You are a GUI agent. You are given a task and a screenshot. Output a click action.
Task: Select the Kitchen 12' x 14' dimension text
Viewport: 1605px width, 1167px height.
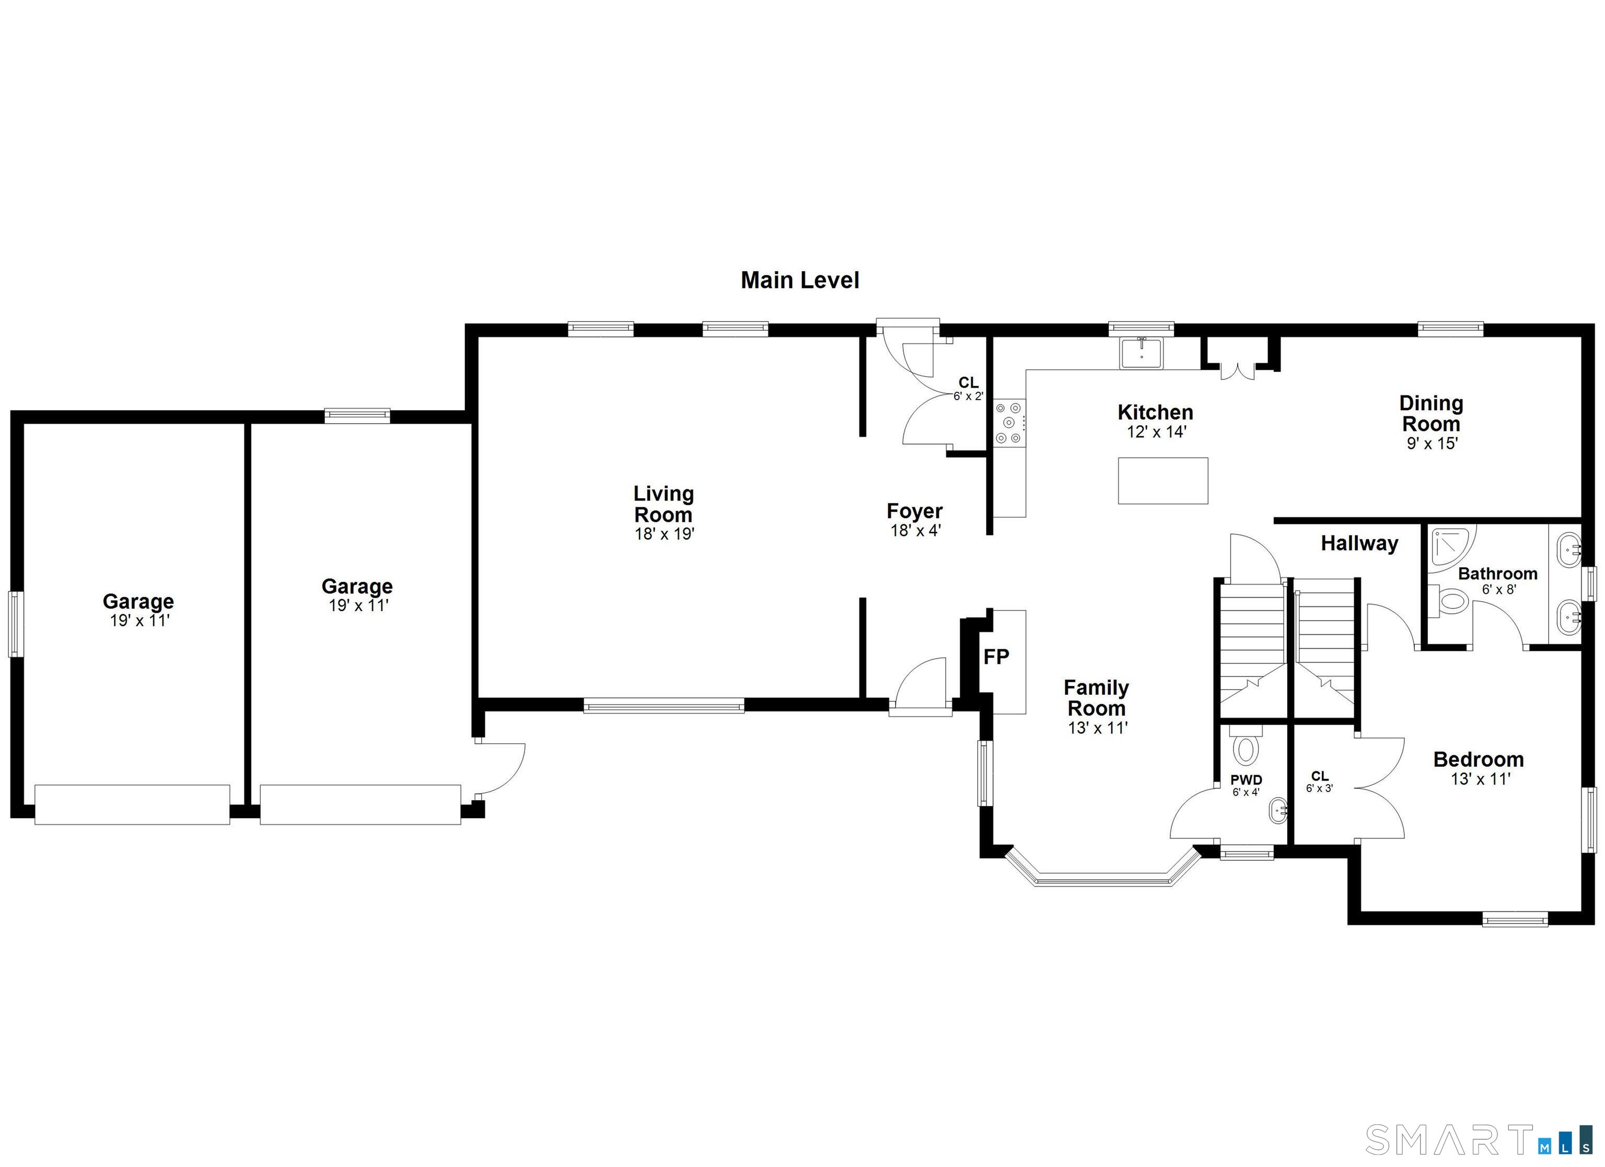pyautogui.click(x=1156, y=431)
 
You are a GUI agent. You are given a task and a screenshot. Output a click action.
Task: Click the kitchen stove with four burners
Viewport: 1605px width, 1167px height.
pyautogui.click(x=1008, y=423)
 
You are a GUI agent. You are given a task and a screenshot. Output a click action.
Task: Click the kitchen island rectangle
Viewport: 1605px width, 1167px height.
pyautogui.click(x=1162, y=481)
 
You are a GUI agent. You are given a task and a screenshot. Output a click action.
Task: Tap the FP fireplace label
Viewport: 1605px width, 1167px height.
pyautogui.click(x=996, y=657)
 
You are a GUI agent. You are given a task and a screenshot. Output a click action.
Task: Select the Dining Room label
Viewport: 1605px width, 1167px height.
pyautogui.click(x=1431, y=414)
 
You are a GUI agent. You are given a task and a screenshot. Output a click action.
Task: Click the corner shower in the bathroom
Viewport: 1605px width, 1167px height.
pyautogui.click(x=1451, y=549)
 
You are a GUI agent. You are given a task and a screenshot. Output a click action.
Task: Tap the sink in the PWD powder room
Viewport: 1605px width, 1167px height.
pyautogui.click(x=1277, y=811)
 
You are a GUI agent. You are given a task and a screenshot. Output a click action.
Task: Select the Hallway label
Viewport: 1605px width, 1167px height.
pyautogui.click(x=1359, y=543)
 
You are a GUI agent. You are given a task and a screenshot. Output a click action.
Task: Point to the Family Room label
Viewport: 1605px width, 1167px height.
pyautogui.click(x=1096, y=698)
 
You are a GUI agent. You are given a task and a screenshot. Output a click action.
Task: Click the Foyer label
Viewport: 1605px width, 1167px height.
pyautogui.click(x=914, y=511)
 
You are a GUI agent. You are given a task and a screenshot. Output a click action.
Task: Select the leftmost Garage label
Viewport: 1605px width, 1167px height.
pyautogui.click(x=138, y=602)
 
